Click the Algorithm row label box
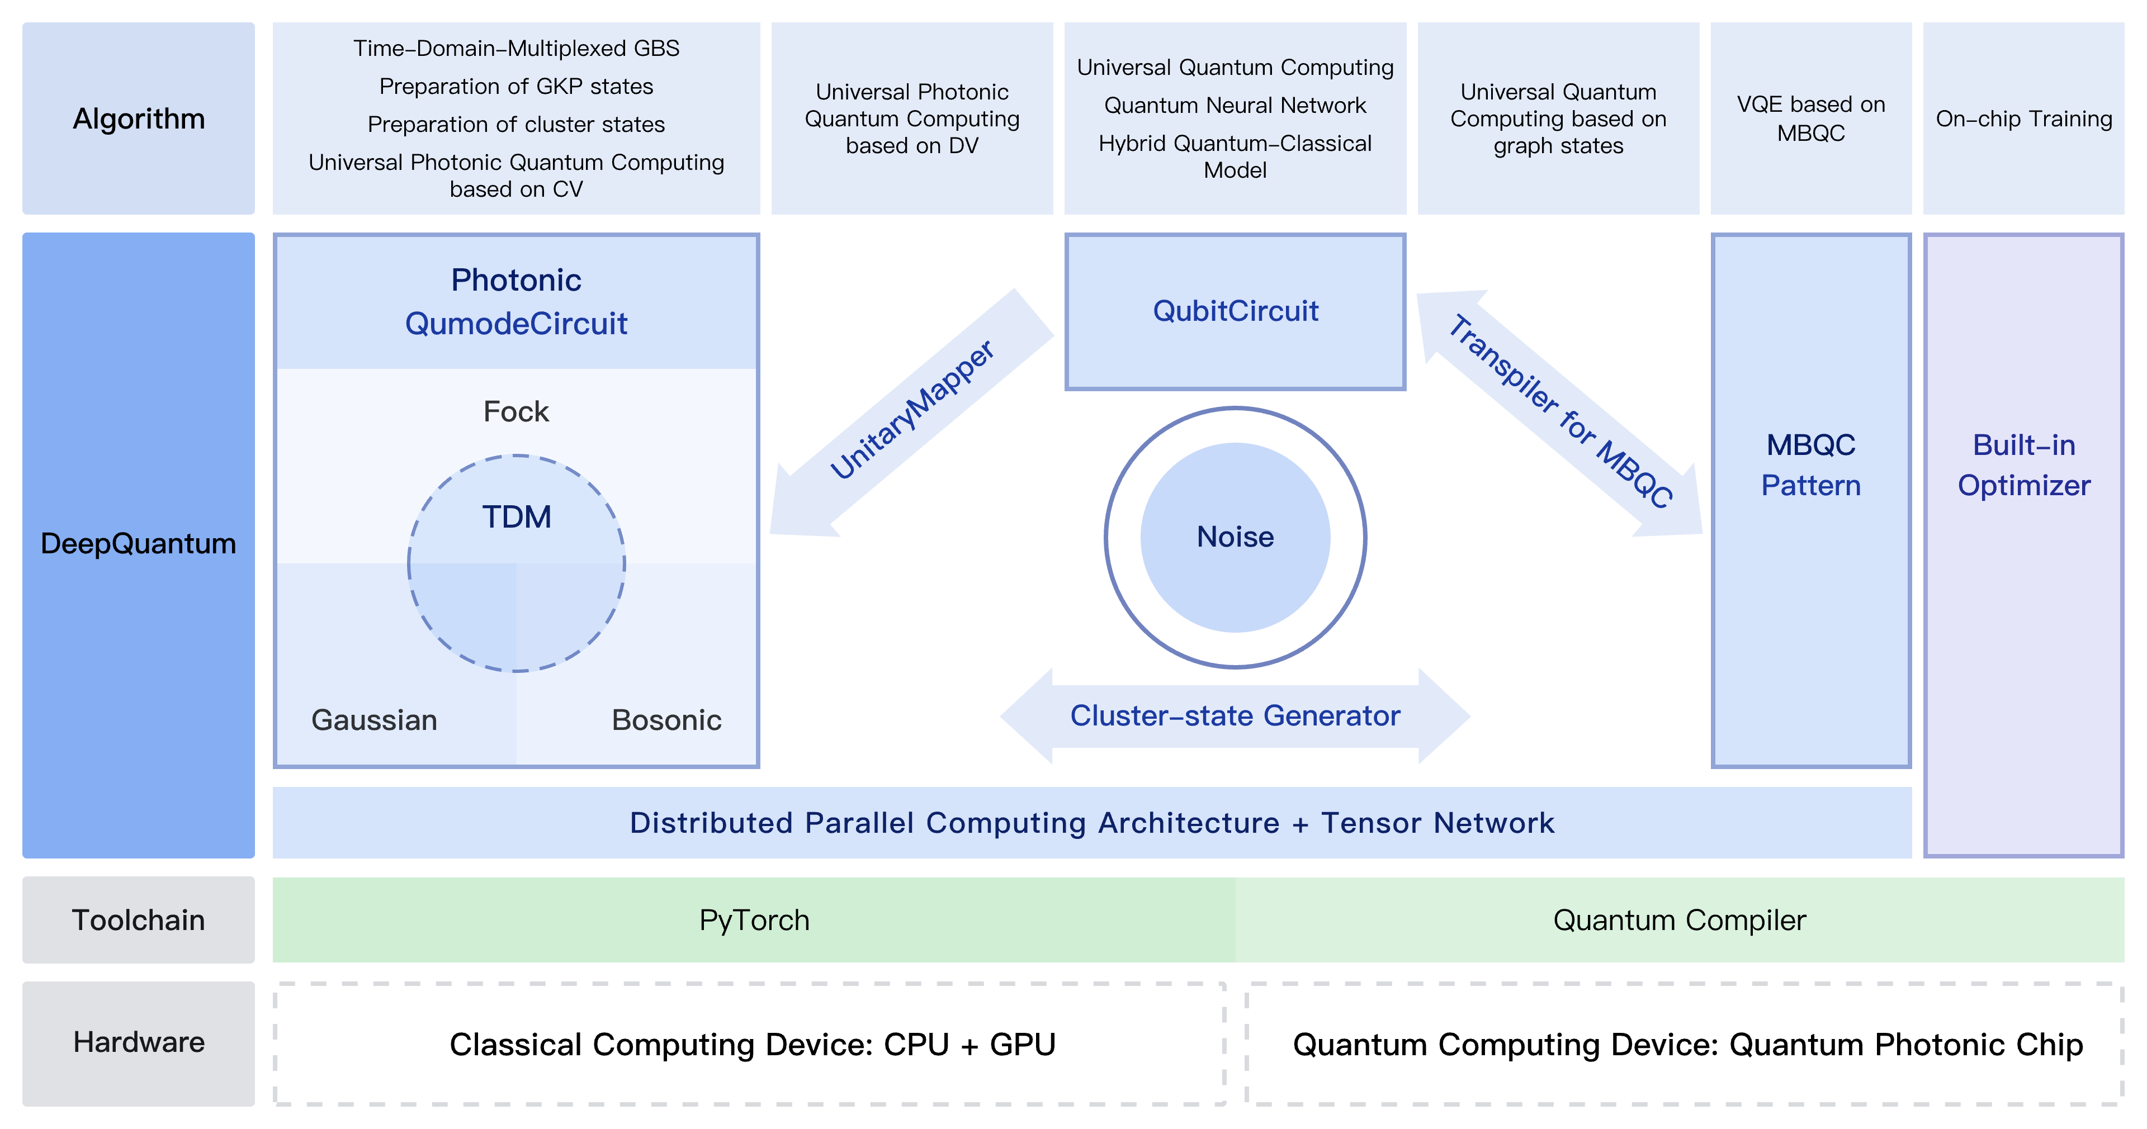pos(138,118)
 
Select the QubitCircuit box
pos(1235,311)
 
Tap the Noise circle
pos(1235,537)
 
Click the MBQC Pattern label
pos(1810,465)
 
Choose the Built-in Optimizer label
pos(2023,465)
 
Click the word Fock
pos(516,411)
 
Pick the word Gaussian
pos(374,720)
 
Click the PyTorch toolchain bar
pos(754,920)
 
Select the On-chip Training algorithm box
pos(2023,118)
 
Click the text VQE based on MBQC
pos(1810,118)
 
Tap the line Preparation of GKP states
pos(516,87)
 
